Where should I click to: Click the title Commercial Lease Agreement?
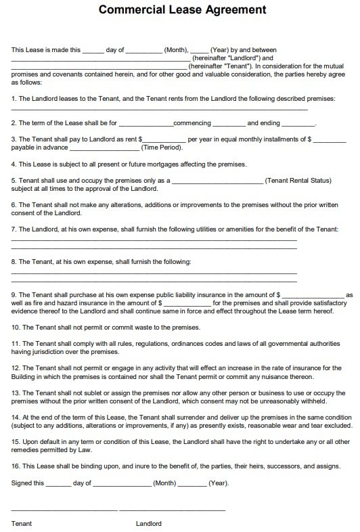[182, 11]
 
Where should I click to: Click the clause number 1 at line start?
[14, 99]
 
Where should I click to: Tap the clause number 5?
[14, 181]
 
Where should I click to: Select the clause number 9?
[14, 295]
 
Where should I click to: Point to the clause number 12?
[16, 368]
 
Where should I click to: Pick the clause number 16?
[16, 467]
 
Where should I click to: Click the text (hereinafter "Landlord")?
[223, 58]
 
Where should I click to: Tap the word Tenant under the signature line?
[22, 523]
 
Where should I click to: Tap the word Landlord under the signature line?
[149, 523]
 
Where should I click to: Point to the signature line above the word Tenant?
[64, 509]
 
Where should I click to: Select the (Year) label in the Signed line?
[218, 483]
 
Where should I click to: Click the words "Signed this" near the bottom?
[28, 483]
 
